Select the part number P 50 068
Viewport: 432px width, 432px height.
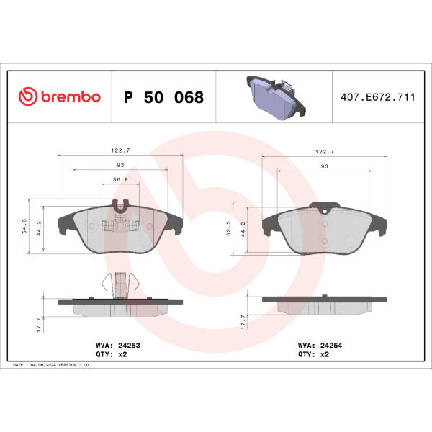pos(164,97)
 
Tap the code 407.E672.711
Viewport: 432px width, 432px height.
pos(378,97)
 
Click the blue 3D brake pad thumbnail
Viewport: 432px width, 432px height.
pos(276,97)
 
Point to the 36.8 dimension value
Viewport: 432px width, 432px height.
pos(120,179)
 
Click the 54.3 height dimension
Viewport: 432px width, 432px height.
pos(24,226)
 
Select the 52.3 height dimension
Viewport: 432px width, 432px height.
pos(229,228)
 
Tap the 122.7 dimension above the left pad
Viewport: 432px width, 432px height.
pos(120,150)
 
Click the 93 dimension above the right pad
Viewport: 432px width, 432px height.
pos(325,166)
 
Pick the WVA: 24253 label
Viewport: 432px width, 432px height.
pos(118,345)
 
